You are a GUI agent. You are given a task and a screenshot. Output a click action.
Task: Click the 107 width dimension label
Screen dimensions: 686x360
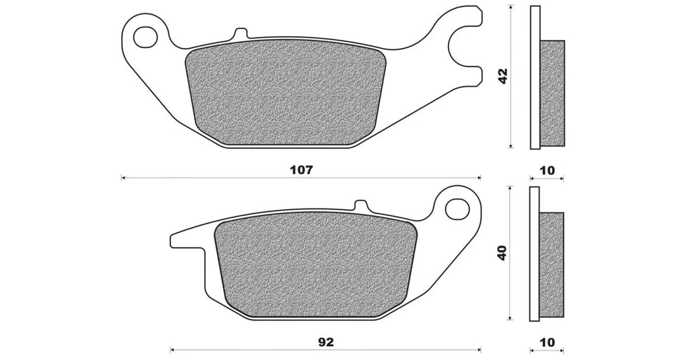click(302, 170)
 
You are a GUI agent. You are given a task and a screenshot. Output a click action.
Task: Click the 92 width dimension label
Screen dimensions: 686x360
click(326, 342)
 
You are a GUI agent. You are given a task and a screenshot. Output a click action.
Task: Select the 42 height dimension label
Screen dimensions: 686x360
click(503, 76)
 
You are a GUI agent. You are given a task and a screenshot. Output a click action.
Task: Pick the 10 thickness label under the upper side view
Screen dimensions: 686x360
click(547, 170)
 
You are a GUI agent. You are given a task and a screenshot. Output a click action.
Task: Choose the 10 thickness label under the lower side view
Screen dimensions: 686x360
click(547, 342)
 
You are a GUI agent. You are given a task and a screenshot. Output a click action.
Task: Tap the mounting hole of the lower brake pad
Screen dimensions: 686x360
click(457, 208)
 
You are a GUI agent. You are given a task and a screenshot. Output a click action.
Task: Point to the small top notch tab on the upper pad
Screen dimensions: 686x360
click(240, 33)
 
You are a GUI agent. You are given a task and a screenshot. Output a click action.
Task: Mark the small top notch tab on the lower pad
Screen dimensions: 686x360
click(361, 205)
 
